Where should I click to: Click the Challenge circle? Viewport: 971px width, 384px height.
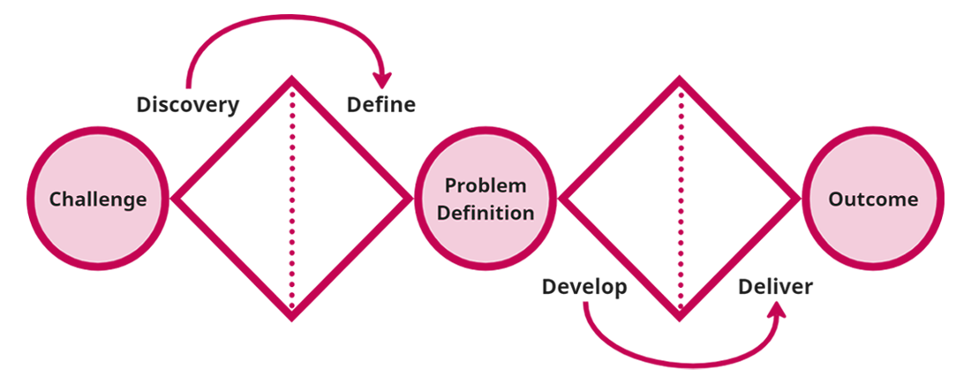[98, 200]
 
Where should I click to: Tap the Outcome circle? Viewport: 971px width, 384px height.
[873, 200]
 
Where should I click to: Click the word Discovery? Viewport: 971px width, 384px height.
[188, 105]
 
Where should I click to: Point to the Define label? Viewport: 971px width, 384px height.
[380, 105]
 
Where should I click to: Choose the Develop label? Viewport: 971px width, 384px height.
[584, 287]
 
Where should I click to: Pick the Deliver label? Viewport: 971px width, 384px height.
[776, 287]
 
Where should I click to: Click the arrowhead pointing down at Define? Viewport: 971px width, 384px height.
[382, 78]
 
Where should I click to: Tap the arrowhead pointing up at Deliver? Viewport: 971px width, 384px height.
[778, 312]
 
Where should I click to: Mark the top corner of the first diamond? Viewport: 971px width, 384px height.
[292, 81]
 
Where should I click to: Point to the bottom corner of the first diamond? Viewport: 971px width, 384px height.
[292, 317]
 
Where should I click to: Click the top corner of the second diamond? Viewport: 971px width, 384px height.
[680, 81]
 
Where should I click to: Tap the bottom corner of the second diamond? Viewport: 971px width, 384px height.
[680, 317]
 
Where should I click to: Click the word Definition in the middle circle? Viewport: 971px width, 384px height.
[490, 213]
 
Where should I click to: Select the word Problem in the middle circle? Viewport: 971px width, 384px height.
[485, 186]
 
